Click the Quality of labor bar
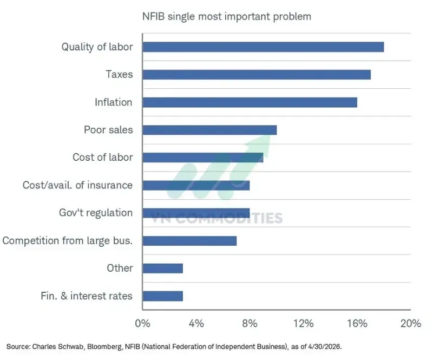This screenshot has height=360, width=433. pyautogui.click(x=263, y=47)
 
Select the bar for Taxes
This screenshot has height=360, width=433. pyautogui.click(x=257, y=75)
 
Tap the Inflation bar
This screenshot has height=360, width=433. pyautogui.click(x=250, y=102)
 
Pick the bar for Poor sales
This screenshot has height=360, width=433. pyautogui.click(x=209, y=130)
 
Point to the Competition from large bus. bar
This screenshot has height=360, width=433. pyautogui.click(x=189, y=241)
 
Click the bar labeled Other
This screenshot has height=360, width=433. pyautogui.click(x=163, y=269)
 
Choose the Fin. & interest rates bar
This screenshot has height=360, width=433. pyautogui.click(x=163, y=296)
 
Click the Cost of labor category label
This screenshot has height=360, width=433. pyautogui.click(x=103, y=157)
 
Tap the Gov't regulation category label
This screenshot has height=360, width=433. pyautogui.click(x=96, y=213)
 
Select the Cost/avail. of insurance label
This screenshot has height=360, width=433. pyautogui.click(x=77, y=185)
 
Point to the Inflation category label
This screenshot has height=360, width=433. pyautogui.click(x=114, y=102)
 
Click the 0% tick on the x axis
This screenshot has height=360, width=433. pyautogui.click(x=142, y=323)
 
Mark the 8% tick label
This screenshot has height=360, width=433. pyautogui.click(x=250, y=323)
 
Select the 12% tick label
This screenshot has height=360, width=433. pyautogui.click(x=303, y=323)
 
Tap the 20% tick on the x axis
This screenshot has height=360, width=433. pyautogui.click(x=411, y=323)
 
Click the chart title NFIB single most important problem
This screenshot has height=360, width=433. pyautogui.click(x=227, y=17)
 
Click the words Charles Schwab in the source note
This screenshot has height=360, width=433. pyautogui.click(x=58, y=346)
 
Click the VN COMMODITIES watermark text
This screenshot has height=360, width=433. pyautogui.click(x=216, y=218)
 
